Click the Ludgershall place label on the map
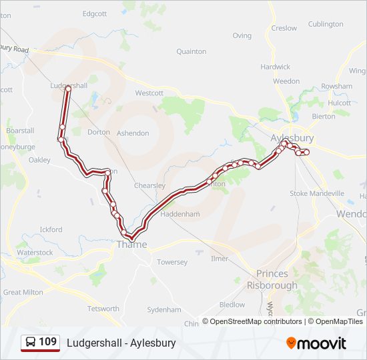[69, 86]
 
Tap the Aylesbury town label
[292, 138]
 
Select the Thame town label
[131, 245]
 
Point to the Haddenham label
[180, 214]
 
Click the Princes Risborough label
[272, 279]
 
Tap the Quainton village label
[191, 51]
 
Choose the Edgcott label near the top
[94, 13]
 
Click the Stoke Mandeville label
[317, 193]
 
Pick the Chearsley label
[149, 185]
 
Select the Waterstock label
[35, 253]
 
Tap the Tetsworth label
[103, 309]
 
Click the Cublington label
[326, 24]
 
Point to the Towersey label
[172, 262]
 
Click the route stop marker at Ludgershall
[67, 88]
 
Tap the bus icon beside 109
[31, 343]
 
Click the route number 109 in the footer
[47, 342]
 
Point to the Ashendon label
[133, 133]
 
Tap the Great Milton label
[23, 292]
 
